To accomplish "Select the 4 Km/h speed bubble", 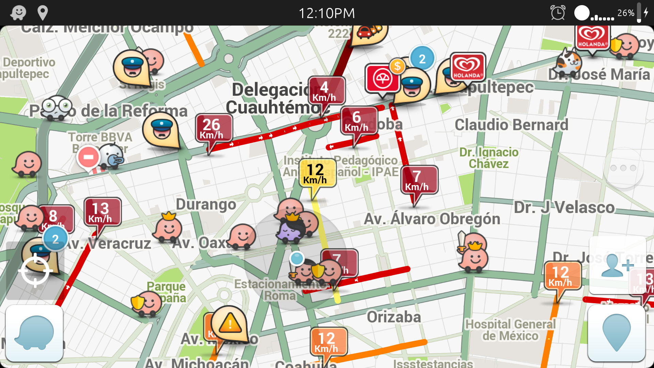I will pos(326,90).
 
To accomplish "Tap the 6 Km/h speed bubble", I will pos(359,121).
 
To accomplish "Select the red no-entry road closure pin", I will pos(88,157).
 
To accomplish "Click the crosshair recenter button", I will pos(35,271).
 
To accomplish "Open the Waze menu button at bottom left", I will pos(34,333).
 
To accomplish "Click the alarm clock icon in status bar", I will pos(558,13).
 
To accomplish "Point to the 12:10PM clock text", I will pos(327,13).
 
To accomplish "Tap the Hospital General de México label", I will pos(510,330).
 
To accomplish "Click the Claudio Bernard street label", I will pos(511,125).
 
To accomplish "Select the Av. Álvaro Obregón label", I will pos(432,219).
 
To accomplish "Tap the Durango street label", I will pos(206,204).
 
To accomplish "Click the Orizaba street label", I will pos(394,317).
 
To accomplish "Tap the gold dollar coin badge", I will pos(397,66).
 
